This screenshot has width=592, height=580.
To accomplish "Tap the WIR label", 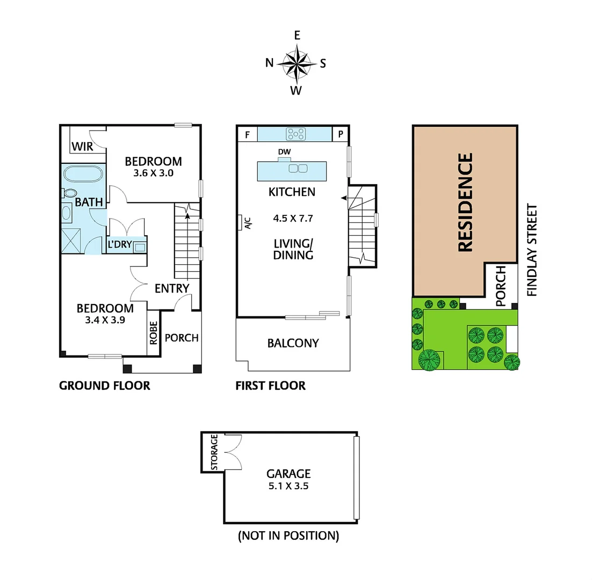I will [83, 147].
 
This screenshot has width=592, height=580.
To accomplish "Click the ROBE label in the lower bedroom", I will [154, 332].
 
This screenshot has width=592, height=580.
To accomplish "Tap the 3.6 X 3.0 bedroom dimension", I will [153, 173].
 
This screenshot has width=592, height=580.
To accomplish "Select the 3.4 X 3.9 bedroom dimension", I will [105, 321].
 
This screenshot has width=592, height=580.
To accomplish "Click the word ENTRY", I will [172, 288].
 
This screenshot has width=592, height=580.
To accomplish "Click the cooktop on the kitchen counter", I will [295, 134].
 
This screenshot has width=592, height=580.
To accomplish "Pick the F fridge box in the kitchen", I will [248, 134].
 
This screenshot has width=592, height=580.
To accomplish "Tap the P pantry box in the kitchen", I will [340, 134].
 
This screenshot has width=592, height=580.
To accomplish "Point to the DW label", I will [284, 152].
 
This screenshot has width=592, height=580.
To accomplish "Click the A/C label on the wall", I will [248, 222].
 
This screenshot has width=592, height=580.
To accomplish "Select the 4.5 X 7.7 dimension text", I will [292, 219].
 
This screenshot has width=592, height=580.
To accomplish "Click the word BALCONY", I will [293, 343].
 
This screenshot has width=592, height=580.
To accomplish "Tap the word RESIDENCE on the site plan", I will [465, 202].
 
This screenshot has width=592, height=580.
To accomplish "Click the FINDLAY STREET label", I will [532, 250].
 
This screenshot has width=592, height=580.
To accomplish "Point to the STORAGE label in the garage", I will [214, 453].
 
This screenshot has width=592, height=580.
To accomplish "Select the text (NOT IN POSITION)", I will [288, 535].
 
